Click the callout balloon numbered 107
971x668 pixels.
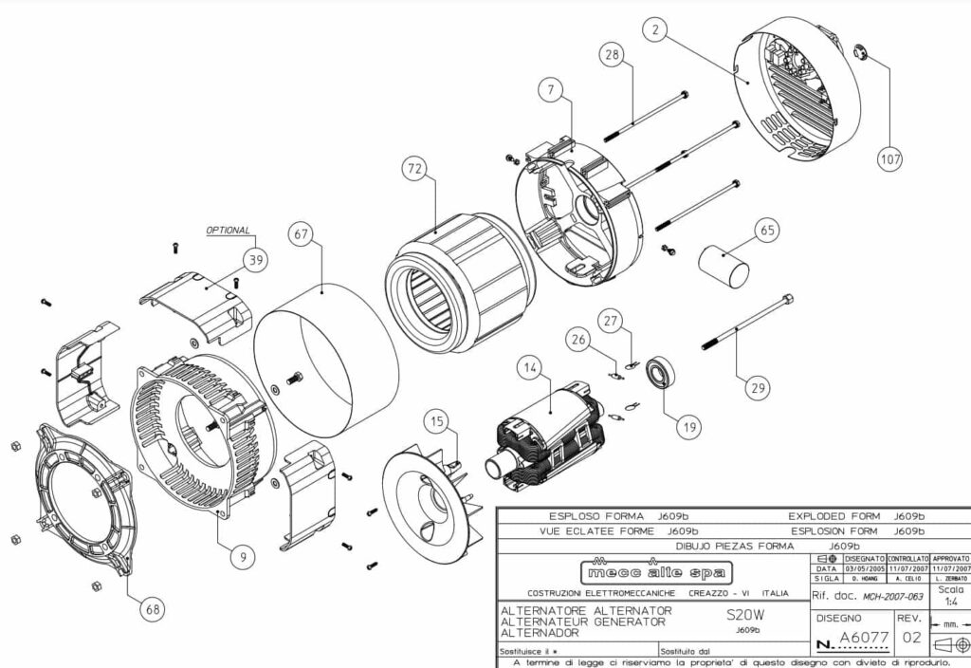tap(890, 158)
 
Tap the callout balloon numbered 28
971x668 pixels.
tap(614, 55)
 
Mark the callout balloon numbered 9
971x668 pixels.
tap(243, 558)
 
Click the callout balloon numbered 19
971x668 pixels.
tap(689, 427)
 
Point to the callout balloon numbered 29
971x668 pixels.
tap(755, 387)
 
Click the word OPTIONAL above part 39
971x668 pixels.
tap(229, 231)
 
